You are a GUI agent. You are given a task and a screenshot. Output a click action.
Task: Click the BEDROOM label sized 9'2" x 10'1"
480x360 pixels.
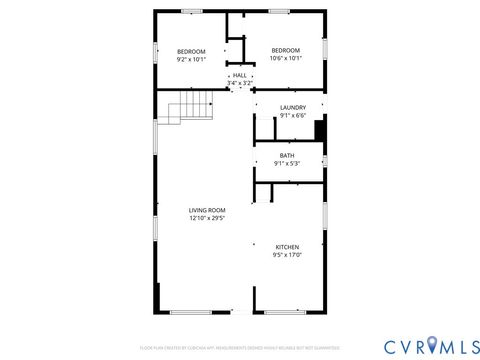pyautogui.click(x=191, y=51)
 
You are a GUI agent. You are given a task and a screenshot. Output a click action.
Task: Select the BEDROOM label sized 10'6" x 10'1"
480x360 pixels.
pyautogui.click(x=285, y=51)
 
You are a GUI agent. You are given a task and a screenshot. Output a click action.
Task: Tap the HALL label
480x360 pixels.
pyautogui.click(x=239, y=75)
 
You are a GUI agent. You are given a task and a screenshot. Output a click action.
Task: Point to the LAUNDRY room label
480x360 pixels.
pyautogui.click(x=292, y=107)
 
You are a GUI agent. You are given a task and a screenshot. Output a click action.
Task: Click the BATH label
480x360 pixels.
pyautogui.click(x=287, y=155)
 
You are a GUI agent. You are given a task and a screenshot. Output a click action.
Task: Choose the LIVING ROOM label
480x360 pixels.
pyautogui.click(x=207, y=210)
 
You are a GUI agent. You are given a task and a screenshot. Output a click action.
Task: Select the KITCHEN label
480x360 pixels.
pyautogui.click(x=287, y=246)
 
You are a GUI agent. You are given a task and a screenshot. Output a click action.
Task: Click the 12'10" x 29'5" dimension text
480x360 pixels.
pyautogui.click(x=207, y=218)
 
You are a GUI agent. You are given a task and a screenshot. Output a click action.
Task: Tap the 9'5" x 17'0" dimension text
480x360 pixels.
pyautogui.click(x=287, y=255)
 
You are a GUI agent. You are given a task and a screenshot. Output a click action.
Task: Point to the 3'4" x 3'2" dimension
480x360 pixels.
pyautogui.click(x=239, y=83)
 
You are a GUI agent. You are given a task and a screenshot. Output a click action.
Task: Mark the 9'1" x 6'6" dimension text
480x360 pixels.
pyautogui.click(x=292, y=115)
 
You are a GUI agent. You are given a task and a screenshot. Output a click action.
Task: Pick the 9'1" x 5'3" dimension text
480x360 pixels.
pyautogui.click(x=287, y=163)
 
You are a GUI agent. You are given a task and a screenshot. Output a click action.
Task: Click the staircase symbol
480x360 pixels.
pyautogui.click(x=191, y=107)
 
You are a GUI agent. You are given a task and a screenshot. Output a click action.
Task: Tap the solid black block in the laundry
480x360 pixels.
pyautogui.click(x=320, y=131)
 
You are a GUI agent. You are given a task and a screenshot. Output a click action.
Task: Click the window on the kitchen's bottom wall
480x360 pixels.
pyautogui.click(x=285, y=313)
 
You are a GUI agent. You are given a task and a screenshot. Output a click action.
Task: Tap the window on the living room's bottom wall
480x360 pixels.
pyautogui.click(x=190, y=313)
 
